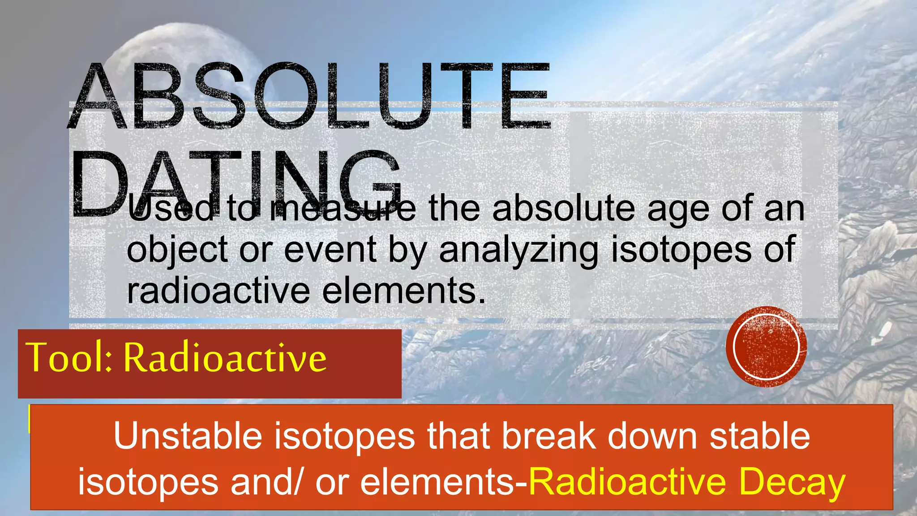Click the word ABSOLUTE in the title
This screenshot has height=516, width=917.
[x=309, y=96]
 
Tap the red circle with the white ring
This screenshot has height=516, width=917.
[x=766, y=346]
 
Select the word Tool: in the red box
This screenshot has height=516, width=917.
[x=69, y=357]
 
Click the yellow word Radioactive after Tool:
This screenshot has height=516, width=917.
[x=225, y=357]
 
